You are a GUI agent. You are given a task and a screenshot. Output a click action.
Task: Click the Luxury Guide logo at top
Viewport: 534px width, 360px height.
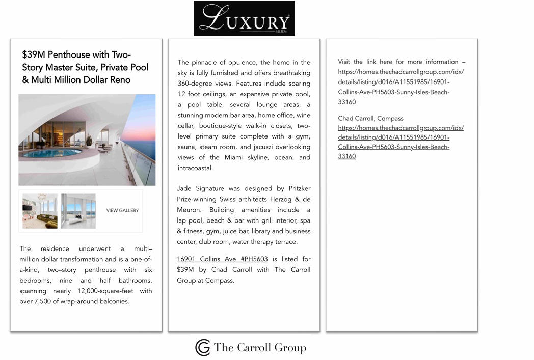pyautogui.click(x=244, y=18)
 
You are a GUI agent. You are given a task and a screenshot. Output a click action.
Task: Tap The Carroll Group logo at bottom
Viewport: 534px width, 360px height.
pyautogui.click(x=251, y=348)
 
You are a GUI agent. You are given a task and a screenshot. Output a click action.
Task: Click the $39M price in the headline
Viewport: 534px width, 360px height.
pyautogui.click(x=34, y=55)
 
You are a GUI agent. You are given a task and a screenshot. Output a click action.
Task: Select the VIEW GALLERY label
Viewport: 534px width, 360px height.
pyautogui.click(x=122, y=210)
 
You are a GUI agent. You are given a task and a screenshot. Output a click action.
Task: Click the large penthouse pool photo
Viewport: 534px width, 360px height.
pyautogui.click(x=87, y=140)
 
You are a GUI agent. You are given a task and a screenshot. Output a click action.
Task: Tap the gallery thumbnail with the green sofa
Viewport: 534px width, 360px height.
pyautogui.click(x=40, y=210)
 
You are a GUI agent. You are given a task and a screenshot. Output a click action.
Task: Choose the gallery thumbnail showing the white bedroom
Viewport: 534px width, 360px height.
pyautogui.click(x=78, y=210)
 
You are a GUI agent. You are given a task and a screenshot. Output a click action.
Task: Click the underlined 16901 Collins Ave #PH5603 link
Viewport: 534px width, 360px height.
pyautogui.click(x=222, y=259)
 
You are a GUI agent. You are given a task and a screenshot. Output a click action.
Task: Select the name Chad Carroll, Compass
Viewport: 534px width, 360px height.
pyautogui.click(x=370, y=118)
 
